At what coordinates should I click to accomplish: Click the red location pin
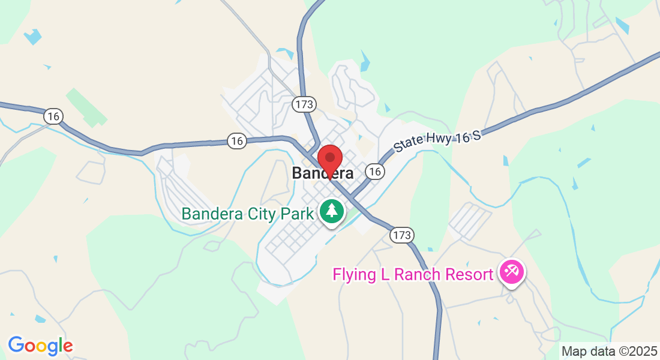pos(329,160)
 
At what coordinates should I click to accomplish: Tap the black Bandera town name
pos(322,173)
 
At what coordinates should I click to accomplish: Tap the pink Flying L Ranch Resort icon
pos(512,273)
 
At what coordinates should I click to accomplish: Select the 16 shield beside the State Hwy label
pos(375,172)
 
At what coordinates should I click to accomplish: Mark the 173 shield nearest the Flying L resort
pos(401,235)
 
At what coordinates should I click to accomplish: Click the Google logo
pos(40,346)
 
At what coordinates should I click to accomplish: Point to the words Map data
pos(588,351)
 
